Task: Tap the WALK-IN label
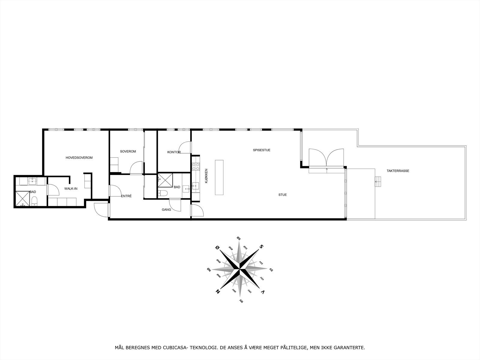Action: click(71, 189)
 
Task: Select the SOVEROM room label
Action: click(128, 151)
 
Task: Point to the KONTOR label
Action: click(174, 152)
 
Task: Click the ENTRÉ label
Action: click(126, 196)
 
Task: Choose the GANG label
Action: click(166, 209)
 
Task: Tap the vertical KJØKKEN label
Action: click(206, 176)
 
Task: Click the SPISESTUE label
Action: click(262, 150)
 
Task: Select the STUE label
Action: click(282, 195)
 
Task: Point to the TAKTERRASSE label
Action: click(398, 171)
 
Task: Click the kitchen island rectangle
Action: click(219, 178)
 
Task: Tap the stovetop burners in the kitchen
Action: click(196, 167)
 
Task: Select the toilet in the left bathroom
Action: click(34, 201)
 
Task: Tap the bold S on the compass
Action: click(261, 247)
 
